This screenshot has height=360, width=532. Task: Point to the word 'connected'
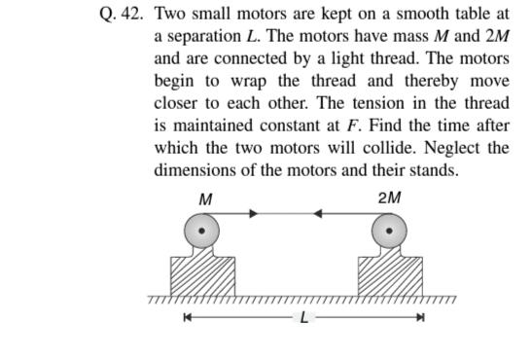click(252, 58)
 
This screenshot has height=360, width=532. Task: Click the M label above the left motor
click(205, 198)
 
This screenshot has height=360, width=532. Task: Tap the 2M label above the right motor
click(388, 198)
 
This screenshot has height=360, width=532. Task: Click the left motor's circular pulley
click(202, 232)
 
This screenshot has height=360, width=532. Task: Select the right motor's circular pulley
click(390, 232)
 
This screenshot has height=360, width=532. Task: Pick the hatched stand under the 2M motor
click(390, 276)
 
